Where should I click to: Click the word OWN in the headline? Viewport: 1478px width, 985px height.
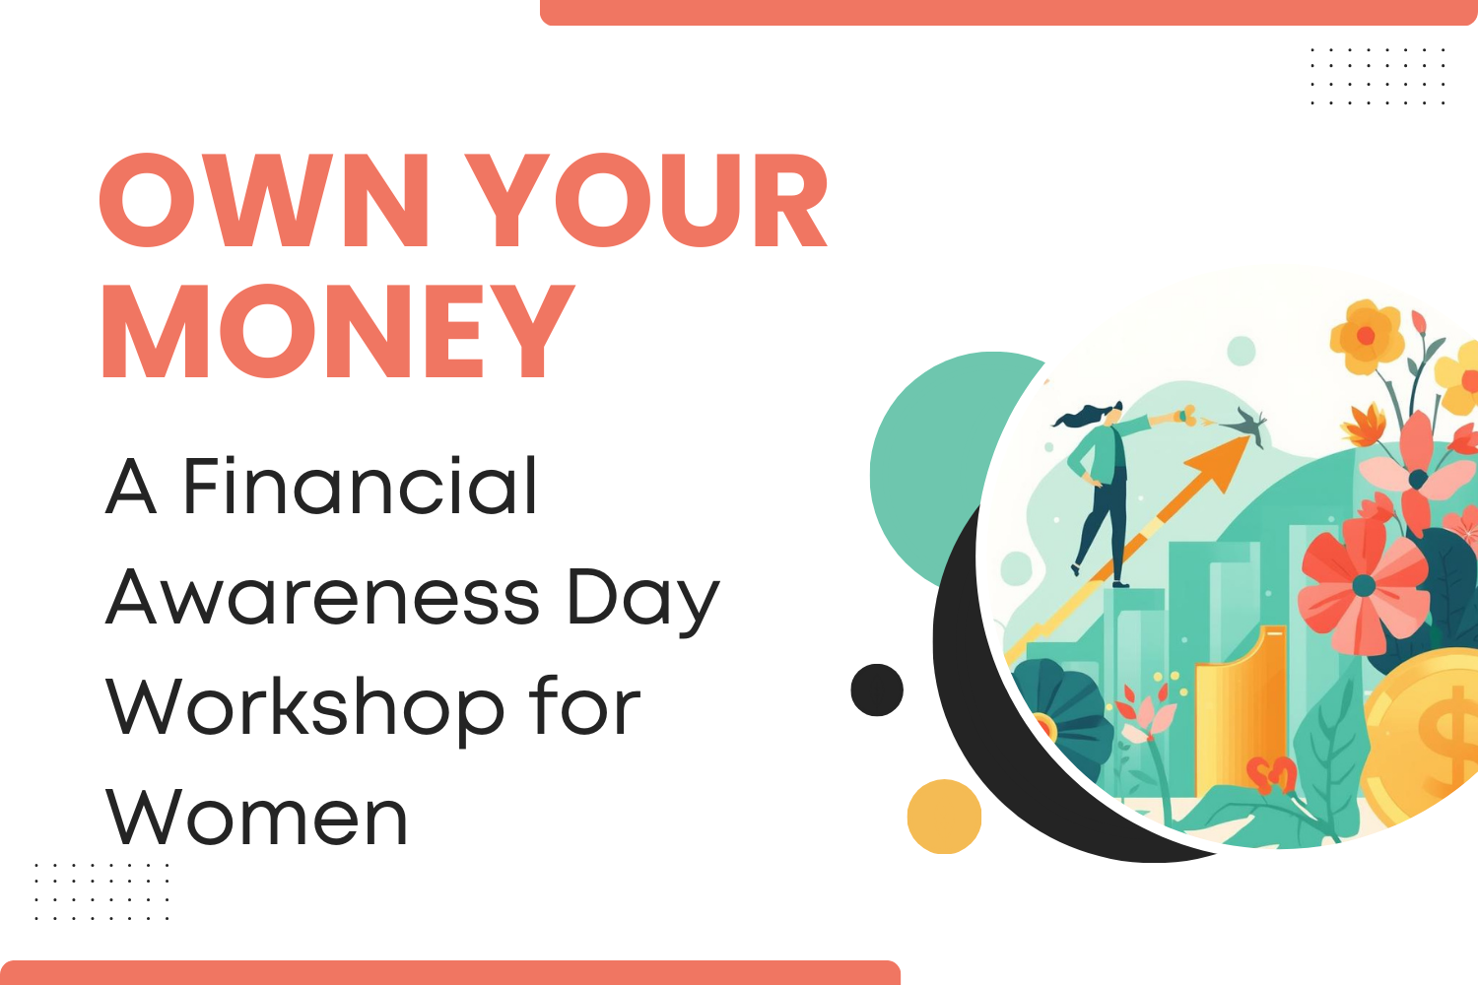265,201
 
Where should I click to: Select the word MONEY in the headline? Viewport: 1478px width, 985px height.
337,331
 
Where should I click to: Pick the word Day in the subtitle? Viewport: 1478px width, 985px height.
642,599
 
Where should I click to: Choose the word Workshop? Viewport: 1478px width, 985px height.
305,707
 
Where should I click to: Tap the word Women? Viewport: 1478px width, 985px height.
257,818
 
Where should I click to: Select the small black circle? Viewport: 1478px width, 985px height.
877,689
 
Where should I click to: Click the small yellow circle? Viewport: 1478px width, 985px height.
944,817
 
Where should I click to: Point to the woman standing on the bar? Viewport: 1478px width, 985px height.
1102,483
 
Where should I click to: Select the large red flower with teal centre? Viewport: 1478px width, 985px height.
1364,587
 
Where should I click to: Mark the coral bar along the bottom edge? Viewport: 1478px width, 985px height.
450,972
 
